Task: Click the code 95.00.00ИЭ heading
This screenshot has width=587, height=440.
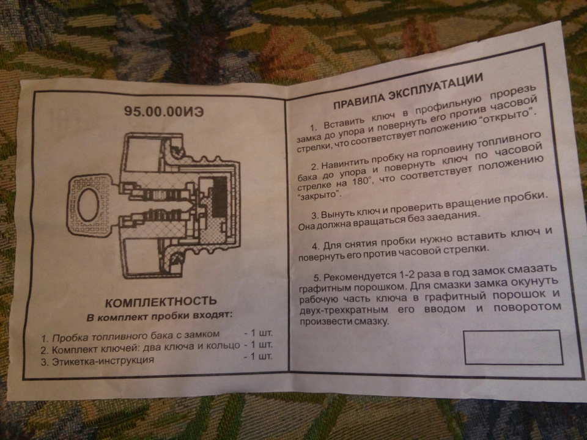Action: [164, 111]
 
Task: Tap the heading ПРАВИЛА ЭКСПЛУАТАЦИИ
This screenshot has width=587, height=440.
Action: [408, 91]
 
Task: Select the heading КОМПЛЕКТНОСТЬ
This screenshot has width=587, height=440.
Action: [161, 301]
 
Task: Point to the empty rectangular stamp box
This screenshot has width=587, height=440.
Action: [513, 347]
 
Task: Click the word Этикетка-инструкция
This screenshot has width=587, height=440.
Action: [103, 361]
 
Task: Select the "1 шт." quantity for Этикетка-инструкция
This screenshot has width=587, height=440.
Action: [258, 356]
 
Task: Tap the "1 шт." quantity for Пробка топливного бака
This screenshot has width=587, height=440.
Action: [258, 332]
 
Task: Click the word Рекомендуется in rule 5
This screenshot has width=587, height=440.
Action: [361, 276]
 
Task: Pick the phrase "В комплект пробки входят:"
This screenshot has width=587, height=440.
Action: [159, 316]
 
